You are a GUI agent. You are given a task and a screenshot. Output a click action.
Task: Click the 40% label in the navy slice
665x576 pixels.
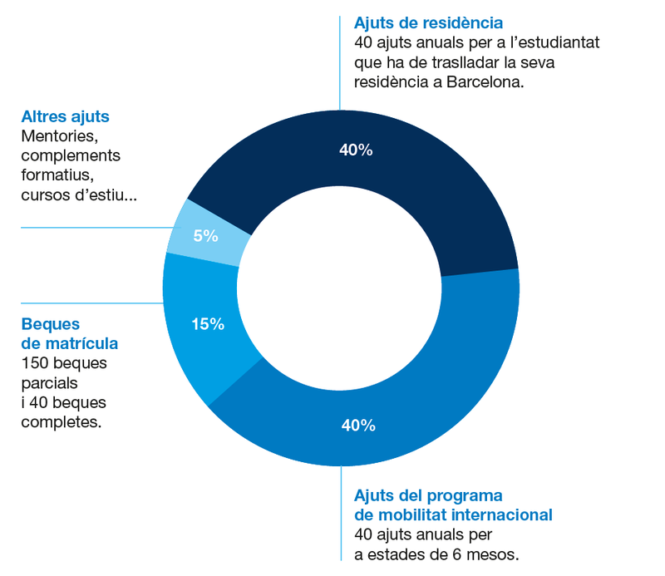tap(357, 150)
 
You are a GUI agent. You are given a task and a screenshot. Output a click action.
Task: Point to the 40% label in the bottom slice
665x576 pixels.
tap(358, 426)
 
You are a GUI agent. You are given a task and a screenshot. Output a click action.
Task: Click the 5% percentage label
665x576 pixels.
tap(206, 236)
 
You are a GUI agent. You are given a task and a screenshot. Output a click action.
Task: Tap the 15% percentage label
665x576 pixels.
tap(208, 324)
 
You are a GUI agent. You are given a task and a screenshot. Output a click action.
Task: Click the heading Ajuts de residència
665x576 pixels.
tap(428, 22)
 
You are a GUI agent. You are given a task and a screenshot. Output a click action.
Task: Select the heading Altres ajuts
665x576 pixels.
tap(66, 117)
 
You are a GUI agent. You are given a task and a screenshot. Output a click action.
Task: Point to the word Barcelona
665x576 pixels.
tap(485, 82)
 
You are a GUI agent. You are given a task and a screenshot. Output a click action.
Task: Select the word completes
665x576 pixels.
tap(62, 422)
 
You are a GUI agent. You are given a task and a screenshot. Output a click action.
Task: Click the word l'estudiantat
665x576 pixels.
tap(551, 42)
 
